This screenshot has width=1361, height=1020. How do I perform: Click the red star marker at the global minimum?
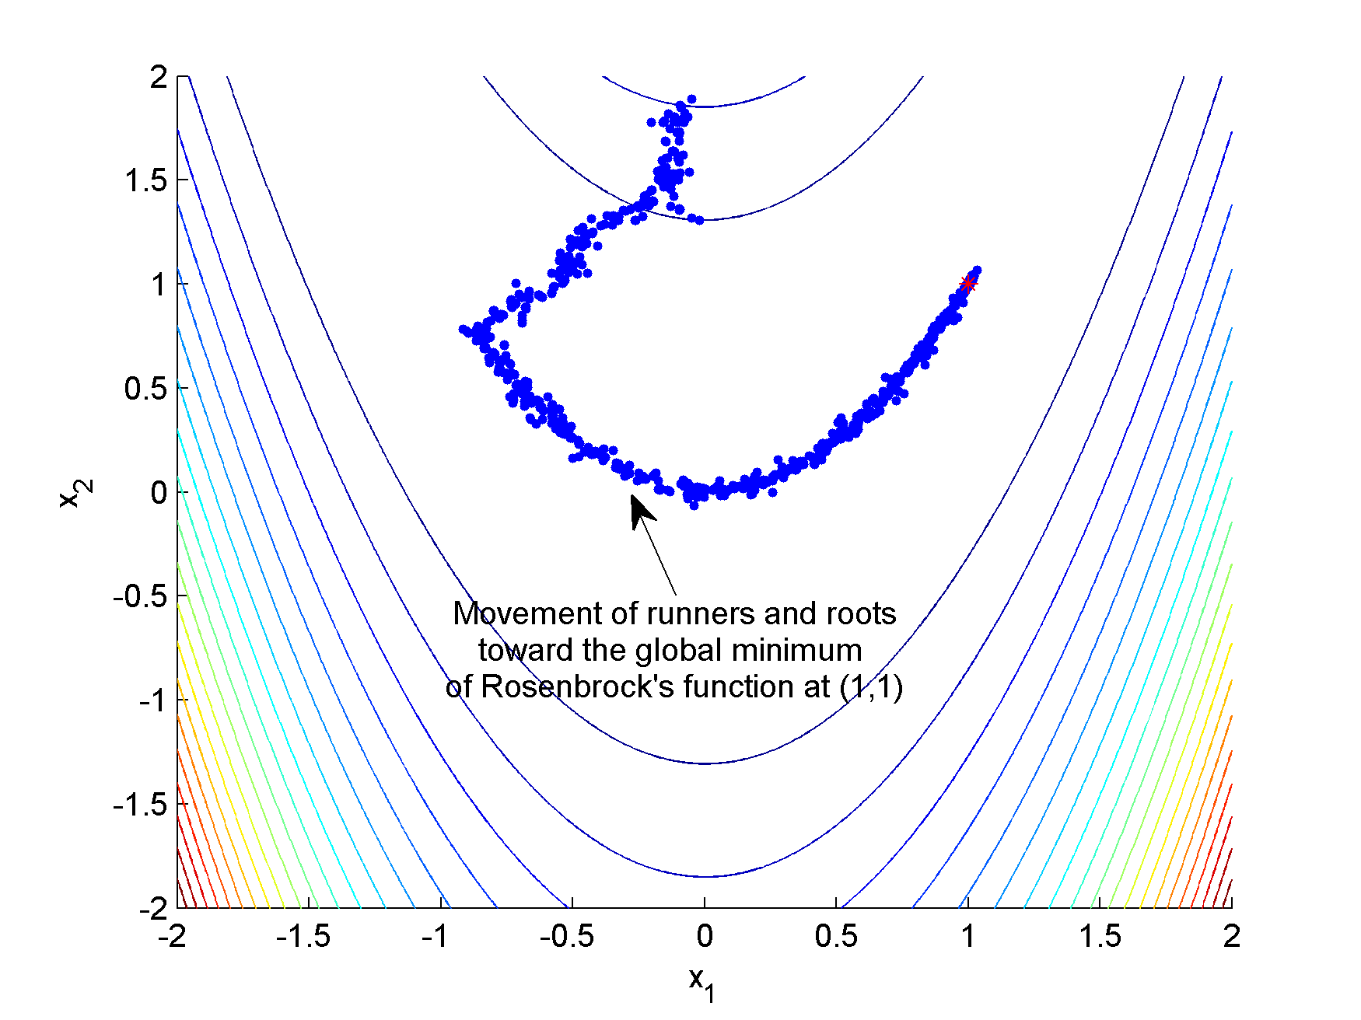pos(967,284)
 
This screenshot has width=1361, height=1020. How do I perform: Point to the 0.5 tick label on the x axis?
pos(836,937)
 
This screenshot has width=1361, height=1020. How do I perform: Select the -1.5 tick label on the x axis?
pos(303,937)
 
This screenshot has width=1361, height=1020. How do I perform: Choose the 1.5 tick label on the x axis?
pos(1100,937)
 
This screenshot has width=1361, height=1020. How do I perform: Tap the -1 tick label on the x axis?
pos(436,937)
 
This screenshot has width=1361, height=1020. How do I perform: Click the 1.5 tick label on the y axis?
pos(146,180)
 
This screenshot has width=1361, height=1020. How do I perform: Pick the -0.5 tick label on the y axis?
pos(140,596)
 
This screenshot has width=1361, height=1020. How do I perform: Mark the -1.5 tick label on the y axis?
pos(140,805)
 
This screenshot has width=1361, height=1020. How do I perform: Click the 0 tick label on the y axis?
pos(159,492)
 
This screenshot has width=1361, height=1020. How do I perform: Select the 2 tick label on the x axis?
pos(1231,937)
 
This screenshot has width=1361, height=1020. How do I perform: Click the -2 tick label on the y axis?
pos(153,908)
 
